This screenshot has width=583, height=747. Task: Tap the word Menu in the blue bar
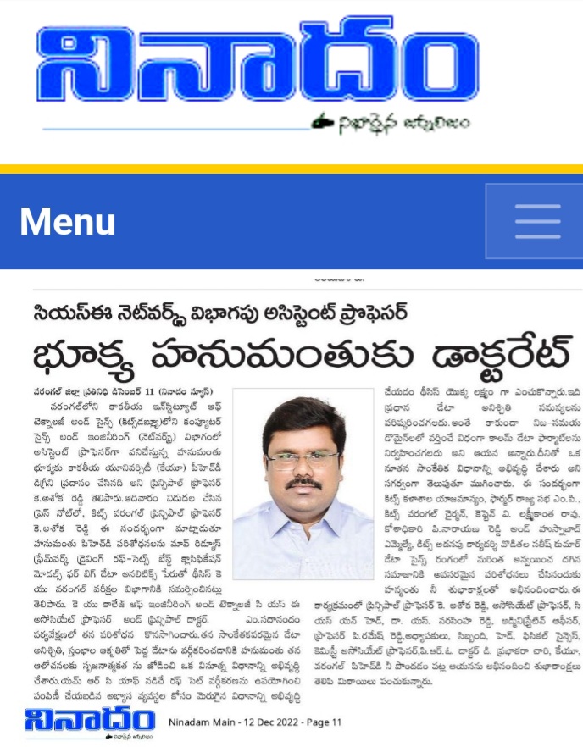coord(68,222)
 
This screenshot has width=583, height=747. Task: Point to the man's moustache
coord(303,483)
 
